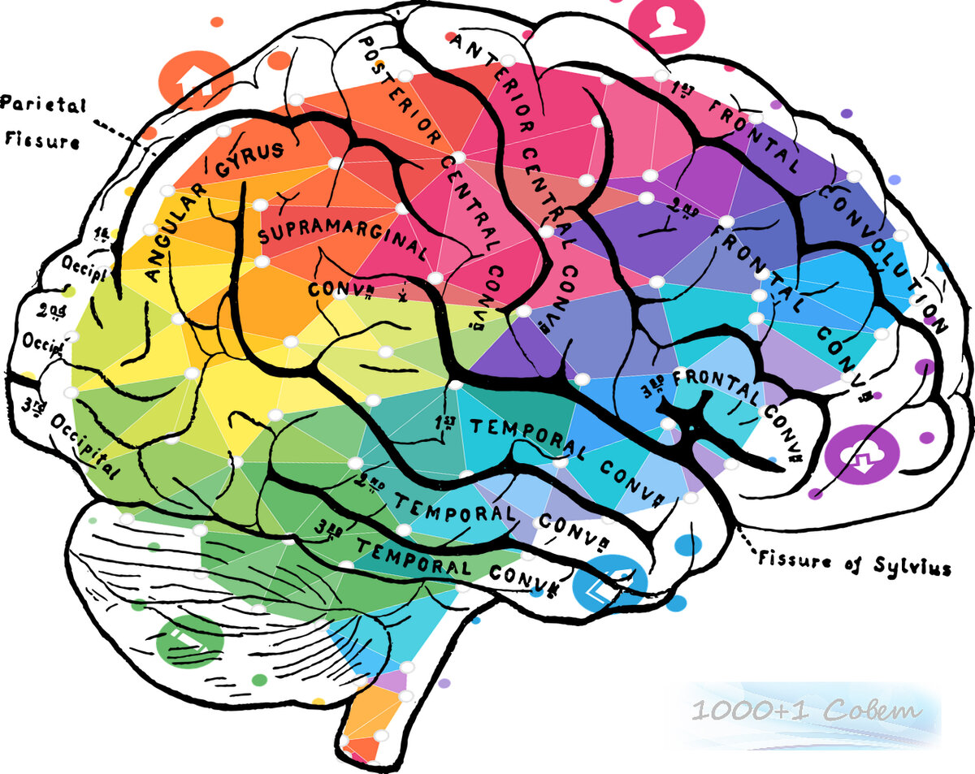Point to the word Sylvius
(x=919, y=566)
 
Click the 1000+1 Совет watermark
(x=807, y=712)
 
